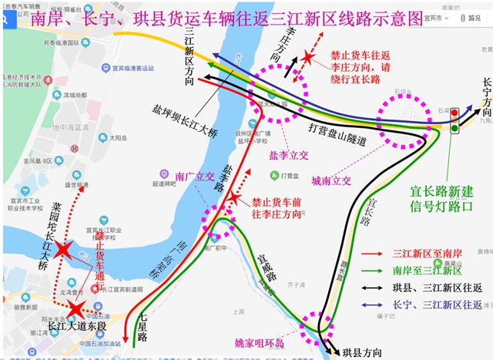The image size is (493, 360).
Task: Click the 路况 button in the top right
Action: pos(468,17)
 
